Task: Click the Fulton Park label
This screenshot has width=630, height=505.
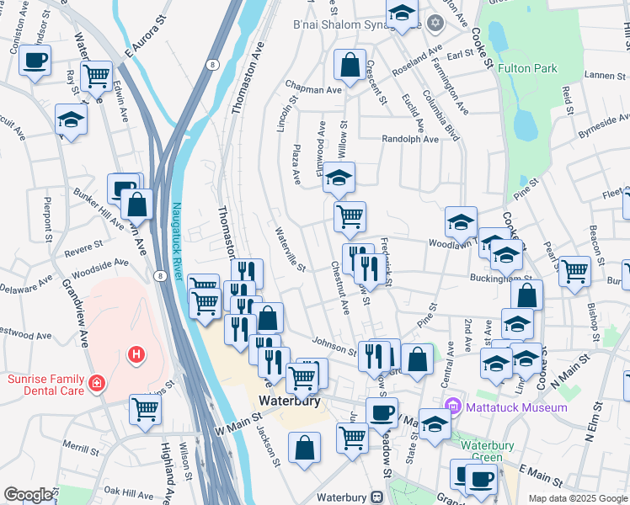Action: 527,68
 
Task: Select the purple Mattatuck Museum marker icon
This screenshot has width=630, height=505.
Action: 455,407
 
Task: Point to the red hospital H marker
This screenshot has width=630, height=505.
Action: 135,355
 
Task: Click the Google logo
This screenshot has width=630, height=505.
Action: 29,494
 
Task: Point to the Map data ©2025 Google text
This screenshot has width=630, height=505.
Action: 577,498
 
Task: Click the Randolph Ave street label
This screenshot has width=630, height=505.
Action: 410,140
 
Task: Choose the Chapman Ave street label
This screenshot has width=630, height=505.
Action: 312,88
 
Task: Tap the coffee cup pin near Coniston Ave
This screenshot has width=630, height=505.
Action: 35,60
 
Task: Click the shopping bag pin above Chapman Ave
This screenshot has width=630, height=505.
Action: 350,63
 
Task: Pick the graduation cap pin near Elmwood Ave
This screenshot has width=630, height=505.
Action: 339,178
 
